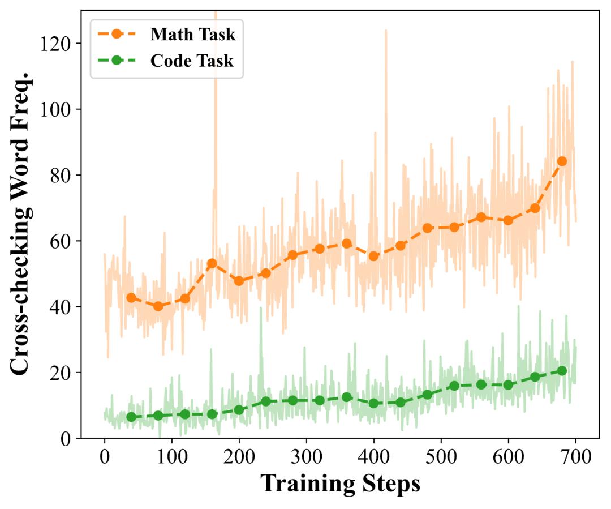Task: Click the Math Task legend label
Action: click(192, 35)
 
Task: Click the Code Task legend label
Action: click(192, 61)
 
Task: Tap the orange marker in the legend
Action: click(116, 35)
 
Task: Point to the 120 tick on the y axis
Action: click(55, 43)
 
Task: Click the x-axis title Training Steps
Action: click(340, 484)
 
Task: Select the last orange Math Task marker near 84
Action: click(562, 161)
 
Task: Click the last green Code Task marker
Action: click(562, 370)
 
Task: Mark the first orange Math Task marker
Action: click(131, 298)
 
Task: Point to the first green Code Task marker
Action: click(131, 417)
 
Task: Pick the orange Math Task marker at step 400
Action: click(373, 256)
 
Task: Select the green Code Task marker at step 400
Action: click(373, 403)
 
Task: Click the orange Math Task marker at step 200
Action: click(239, 281)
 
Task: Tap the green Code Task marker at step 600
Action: click(508, 385)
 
